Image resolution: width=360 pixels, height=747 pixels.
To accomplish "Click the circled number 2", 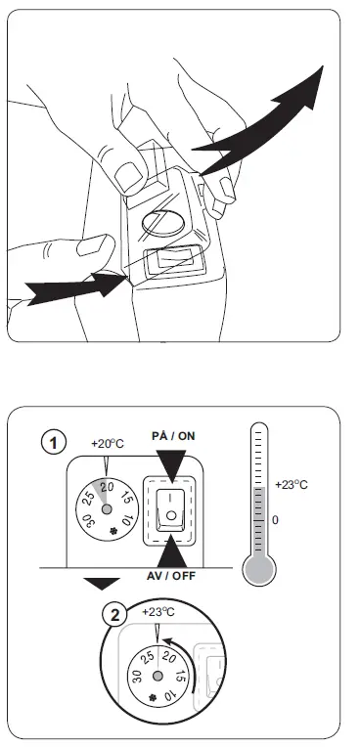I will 116,615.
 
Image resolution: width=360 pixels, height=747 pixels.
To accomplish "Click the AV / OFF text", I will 171,575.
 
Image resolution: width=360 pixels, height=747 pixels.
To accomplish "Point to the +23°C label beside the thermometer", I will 292,485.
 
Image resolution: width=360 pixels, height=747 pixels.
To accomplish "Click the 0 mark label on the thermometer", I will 275,520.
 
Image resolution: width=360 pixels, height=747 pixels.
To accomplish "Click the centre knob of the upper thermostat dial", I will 106,508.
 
